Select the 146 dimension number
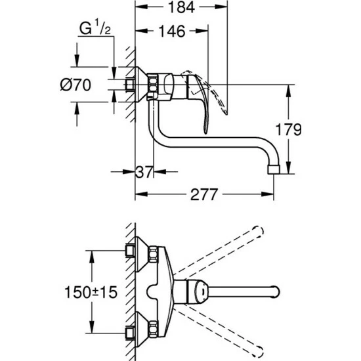tap(173, 31)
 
